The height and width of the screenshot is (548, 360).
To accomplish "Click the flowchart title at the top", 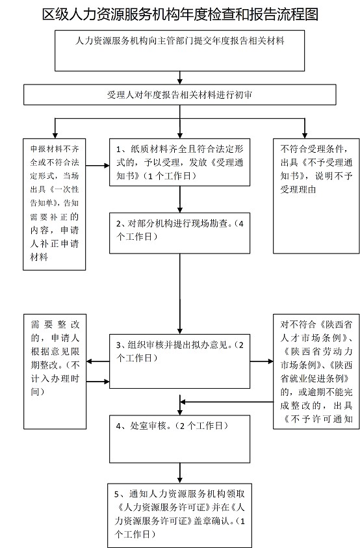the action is click(x=180, y=15).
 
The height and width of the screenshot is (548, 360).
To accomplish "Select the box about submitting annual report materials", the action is click(x=179, y=51).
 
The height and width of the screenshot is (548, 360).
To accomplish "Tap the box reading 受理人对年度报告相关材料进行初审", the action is click(x=179, y=95).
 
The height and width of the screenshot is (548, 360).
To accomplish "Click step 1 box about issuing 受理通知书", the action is click(x=179, y=162).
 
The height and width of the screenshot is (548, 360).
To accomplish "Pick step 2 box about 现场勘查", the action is click(x=179, y=233).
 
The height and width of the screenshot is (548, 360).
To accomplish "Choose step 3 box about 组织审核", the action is click(x=179, y=361).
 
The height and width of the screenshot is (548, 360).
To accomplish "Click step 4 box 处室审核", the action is click(x=179, y=439).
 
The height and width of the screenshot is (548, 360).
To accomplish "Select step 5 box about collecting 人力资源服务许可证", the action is click(x=179, y=515).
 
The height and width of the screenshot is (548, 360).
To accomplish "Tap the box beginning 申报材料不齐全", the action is click(x=55, y=205).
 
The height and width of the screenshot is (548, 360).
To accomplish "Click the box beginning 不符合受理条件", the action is click(x=316, y=196).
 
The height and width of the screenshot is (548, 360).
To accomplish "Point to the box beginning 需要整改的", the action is click(x=55, y=371).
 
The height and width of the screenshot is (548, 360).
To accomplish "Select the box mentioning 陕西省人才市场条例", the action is click(x=316, y=371).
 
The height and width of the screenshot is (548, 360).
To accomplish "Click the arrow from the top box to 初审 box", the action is click(x=180, y=77).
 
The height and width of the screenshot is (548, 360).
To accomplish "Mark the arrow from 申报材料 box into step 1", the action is click(x=98, y=165).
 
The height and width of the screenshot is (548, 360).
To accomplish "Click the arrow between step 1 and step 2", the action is click(x=180, y=199).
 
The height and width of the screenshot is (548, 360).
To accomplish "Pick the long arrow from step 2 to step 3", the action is click(x=180, y=294).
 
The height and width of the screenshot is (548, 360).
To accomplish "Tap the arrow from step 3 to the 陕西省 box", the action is click(x=261, y=361).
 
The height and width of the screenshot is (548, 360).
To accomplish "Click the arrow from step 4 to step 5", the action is click(x=180, y=473).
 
